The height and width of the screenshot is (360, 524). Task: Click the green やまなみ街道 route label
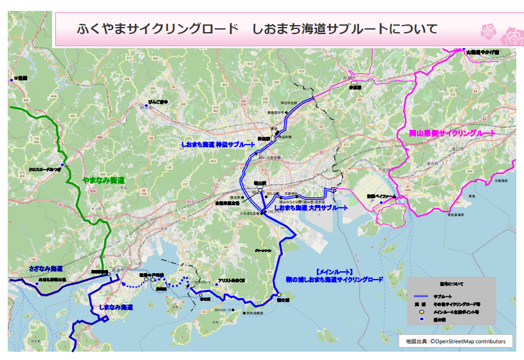pos(104,181)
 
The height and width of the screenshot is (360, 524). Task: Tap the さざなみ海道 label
pos(46,267)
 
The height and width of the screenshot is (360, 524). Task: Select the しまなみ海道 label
pos(116,308)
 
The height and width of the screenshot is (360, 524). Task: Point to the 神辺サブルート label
pos(213,145)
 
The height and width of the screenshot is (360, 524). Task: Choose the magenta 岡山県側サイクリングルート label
pos(452,133)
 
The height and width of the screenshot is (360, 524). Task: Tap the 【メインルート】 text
pos(334,272)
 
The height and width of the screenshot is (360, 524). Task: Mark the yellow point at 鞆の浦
pos(280,295)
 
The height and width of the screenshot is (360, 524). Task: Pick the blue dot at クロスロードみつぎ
pos(62,166)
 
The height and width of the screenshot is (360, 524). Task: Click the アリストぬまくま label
pos(232,281)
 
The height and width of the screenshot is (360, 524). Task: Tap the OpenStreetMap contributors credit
pos(457,341)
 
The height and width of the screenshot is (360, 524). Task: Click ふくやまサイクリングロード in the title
pos(157,29)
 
